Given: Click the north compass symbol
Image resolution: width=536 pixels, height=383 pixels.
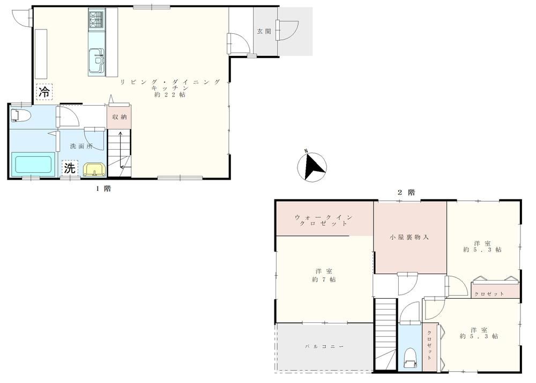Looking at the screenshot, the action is click(312, 166).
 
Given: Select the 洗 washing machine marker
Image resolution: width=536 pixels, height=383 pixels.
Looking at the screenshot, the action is click(70, 168).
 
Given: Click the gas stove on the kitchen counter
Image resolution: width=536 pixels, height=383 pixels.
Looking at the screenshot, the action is click(96, 20).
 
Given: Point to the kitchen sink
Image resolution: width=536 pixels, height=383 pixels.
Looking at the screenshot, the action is click(96, 61).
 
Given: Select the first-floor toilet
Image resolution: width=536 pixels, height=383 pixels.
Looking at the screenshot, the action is click(20, 115).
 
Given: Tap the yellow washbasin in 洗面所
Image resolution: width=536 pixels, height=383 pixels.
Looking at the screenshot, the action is click(95, 170).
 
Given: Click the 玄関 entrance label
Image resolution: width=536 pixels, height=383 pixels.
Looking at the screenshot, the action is click(264, 32).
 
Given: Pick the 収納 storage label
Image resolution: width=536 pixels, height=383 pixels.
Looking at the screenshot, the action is click(120, 117).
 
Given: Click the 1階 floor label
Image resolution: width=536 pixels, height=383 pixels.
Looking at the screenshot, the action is click(103, 189).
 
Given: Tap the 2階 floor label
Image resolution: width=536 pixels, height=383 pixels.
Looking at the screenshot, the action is click(406, 193).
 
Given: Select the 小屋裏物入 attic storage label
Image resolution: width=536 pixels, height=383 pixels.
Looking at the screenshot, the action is click(409, 237).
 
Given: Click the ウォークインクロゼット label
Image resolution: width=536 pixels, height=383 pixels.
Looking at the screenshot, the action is click(323, 220).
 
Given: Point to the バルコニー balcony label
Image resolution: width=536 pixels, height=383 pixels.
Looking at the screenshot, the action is click(324, 347).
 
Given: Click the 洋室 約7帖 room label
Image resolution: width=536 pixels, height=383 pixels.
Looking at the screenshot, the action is click(324, 275).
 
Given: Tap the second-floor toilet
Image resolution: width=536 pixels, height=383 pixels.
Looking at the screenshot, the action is click(410, 358).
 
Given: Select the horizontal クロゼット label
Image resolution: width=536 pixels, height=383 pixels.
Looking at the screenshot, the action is click(489, 294).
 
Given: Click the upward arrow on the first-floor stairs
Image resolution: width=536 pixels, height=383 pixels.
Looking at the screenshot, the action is click(120, 150).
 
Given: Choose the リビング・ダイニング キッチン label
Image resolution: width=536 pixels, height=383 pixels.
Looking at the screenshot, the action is click(170, 88).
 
